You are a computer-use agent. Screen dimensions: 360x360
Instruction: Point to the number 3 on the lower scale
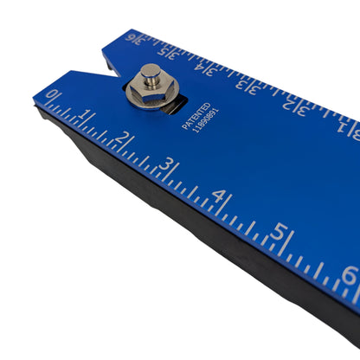(x=168, y=164)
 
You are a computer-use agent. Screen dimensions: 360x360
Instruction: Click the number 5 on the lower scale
(x=279, y=232)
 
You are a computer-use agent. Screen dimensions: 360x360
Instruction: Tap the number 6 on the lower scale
(x=348, y=275)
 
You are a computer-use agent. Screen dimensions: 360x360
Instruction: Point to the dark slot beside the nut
(x=175, y=105)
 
